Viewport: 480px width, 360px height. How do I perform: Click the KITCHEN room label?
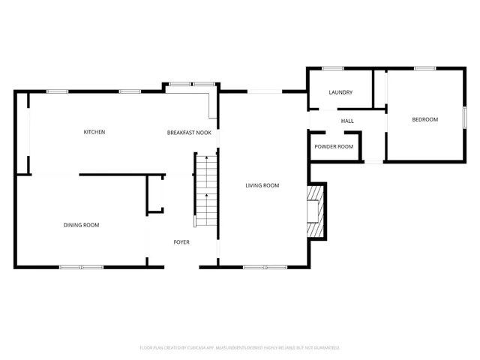(x=94, y=132)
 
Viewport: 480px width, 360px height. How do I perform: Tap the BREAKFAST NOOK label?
(x=188, y=132)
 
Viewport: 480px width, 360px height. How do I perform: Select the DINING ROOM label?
(x=81, y=225)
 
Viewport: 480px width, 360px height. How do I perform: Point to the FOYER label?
(x=181, y=242)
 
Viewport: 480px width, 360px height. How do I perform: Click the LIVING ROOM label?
(x=262, y=185)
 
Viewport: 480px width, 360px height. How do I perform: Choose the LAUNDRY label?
(x=340, y=92)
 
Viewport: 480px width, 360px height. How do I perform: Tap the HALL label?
(x=347, y=121)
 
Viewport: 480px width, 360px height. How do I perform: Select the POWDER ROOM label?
(x=334, y=146)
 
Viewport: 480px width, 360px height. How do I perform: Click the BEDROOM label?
(x=424, y=120)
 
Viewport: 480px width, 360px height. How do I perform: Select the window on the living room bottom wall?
(x=265, y=267)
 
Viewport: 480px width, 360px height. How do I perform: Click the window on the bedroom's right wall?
(x=465, y=118)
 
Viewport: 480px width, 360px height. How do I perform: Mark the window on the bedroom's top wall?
(x=425, y=68)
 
